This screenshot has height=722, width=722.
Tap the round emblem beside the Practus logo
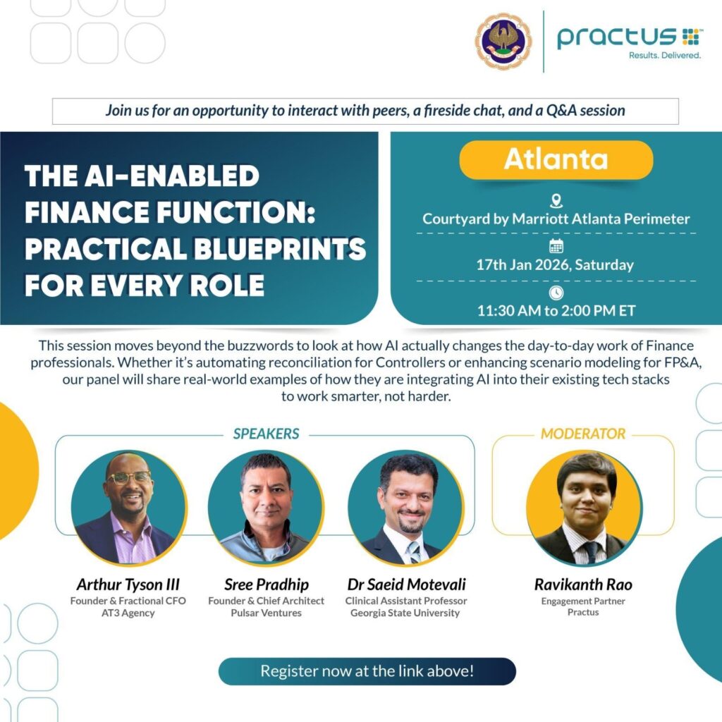tap(503, 41)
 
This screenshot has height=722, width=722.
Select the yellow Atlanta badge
tap(556, 159)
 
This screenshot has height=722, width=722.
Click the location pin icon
tap(556, 201)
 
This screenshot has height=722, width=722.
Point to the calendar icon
tap(556, 246)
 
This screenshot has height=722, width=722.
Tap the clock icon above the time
tap(556, 293)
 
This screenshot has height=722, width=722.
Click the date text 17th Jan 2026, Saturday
tap(555, 265)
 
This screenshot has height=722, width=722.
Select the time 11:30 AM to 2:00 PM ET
tap(556, 311)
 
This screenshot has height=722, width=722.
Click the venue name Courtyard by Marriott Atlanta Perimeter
tap(556, 219)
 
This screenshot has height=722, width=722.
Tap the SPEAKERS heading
tap(266, 434)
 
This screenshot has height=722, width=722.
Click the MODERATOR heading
tap(583, 434)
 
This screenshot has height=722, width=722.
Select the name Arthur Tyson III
tap(128, 585)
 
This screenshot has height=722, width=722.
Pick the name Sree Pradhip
tap(266, 585)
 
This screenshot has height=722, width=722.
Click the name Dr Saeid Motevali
tap(406, 585)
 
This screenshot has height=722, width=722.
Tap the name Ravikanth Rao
tap(583, 585)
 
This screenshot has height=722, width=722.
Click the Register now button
tap(367, 671)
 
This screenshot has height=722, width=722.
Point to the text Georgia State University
tap(405, 613)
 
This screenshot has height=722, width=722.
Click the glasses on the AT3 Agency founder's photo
tap(130, 477)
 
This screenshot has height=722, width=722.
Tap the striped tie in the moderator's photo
tap(591, 552)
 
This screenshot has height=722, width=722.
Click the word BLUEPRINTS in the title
tap(279, 249)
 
